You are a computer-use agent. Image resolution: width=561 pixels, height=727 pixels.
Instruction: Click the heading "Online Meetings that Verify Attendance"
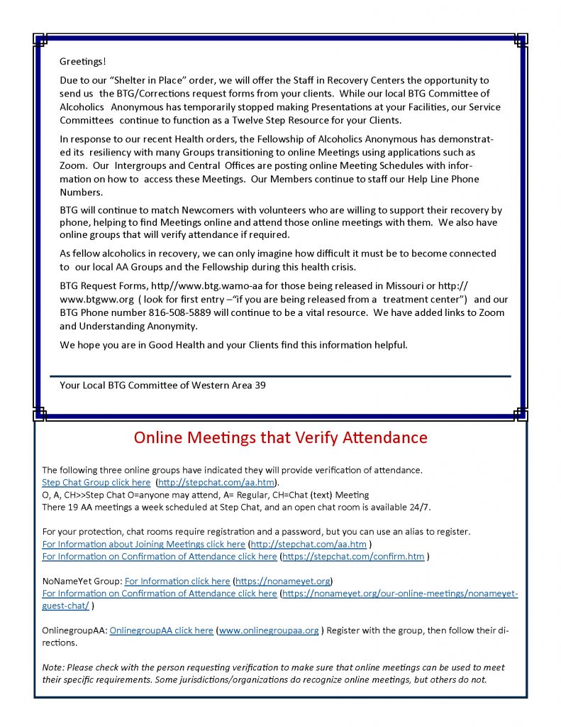[281, 437]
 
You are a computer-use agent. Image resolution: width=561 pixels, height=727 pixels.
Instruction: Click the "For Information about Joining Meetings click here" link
[143, 544]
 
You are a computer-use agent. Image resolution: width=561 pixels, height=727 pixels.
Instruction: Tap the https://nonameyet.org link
[282, 581]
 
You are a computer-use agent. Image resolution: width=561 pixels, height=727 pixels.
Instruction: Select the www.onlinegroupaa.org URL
[269, 630]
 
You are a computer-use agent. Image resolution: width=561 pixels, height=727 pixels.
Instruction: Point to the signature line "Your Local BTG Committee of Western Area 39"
[162, 386]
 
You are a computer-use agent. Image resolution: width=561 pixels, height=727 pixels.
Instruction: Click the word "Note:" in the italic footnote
[55, 667]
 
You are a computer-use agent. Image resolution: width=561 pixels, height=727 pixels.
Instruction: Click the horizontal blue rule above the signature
[280, 376]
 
